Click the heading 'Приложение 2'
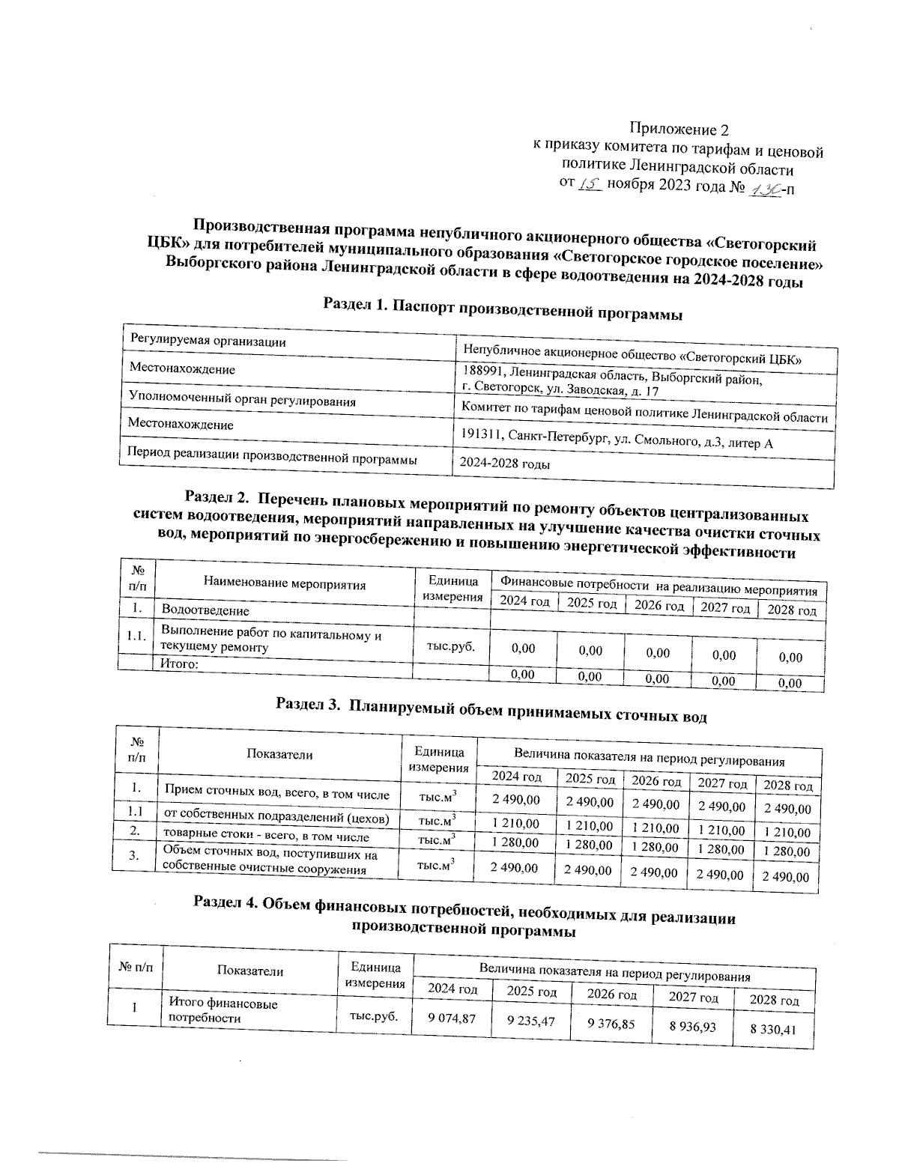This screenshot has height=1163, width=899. (x=678, y=128)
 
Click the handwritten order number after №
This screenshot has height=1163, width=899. (x=763, y=189)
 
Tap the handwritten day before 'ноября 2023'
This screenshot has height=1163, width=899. (x=591, y=184)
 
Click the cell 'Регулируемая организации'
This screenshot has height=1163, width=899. (x=208, y=341)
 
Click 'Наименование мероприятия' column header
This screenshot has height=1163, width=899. (x=284, y=585)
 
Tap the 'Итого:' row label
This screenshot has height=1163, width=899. (x=179, y=664)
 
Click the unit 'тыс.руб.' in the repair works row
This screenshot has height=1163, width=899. (x=450, y=647)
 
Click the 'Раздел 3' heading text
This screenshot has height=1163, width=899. (x=491, y=709)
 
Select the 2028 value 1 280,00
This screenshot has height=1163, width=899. (x=785, y=851)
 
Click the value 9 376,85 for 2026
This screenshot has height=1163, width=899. (x=611, y=1023)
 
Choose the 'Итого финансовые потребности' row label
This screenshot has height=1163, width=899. (x=223, y=1010)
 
